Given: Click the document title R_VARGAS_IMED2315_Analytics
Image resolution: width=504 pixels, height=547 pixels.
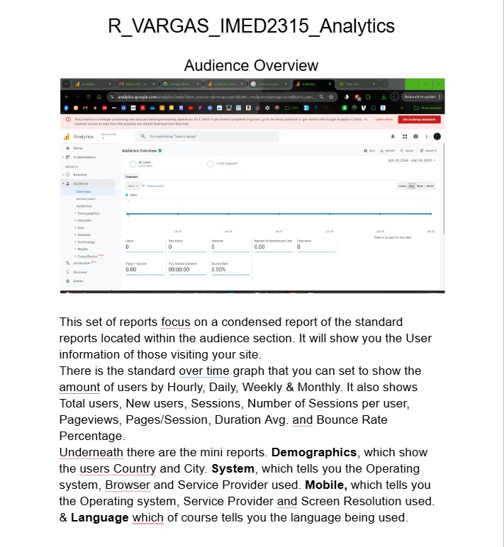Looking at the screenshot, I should click(x=251, y=26).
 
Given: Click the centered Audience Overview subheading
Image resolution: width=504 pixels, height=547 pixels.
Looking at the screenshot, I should click(x=251, y=66).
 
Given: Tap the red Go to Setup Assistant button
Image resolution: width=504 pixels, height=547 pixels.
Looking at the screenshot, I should click(x=419, y=120).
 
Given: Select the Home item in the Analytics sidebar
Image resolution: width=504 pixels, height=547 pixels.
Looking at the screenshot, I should click(x=78, y=148).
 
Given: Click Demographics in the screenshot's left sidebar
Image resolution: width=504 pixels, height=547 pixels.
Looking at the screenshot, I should click(x=88, y=213).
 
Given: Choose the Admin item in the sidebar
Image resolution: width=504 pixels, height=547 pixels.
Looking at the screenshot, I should click(x=78, y=281).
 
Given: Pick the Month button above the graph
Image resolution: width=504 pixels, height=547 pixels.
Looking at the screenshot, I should click(x=430, y=186).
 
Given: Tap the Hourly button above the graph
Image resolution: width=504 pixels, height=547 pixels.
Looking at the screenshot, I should click(x=403, y=186).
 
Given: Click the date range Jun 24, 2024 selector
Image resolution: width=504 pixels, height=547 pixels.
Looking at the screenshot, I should click(x=411, y=160).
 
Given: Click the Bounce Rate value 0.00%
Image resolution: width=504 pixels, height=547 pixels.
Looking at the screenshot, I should click(x=218, y=270).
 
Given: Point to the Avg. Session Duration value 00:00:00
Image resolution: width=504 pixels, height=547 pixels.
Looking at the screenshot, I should click(x=179, y=270).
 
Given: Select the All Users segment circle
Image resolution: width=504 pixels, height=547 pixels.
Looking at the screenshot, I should click(x=133, y=164).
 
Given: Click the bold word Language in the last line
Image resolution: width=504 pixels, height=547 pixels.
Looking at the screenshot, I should click(x=99, y=518).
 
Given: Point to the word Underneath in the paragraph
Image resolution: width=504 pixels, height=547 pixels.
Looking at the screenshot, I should click(x=91, y=453).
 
